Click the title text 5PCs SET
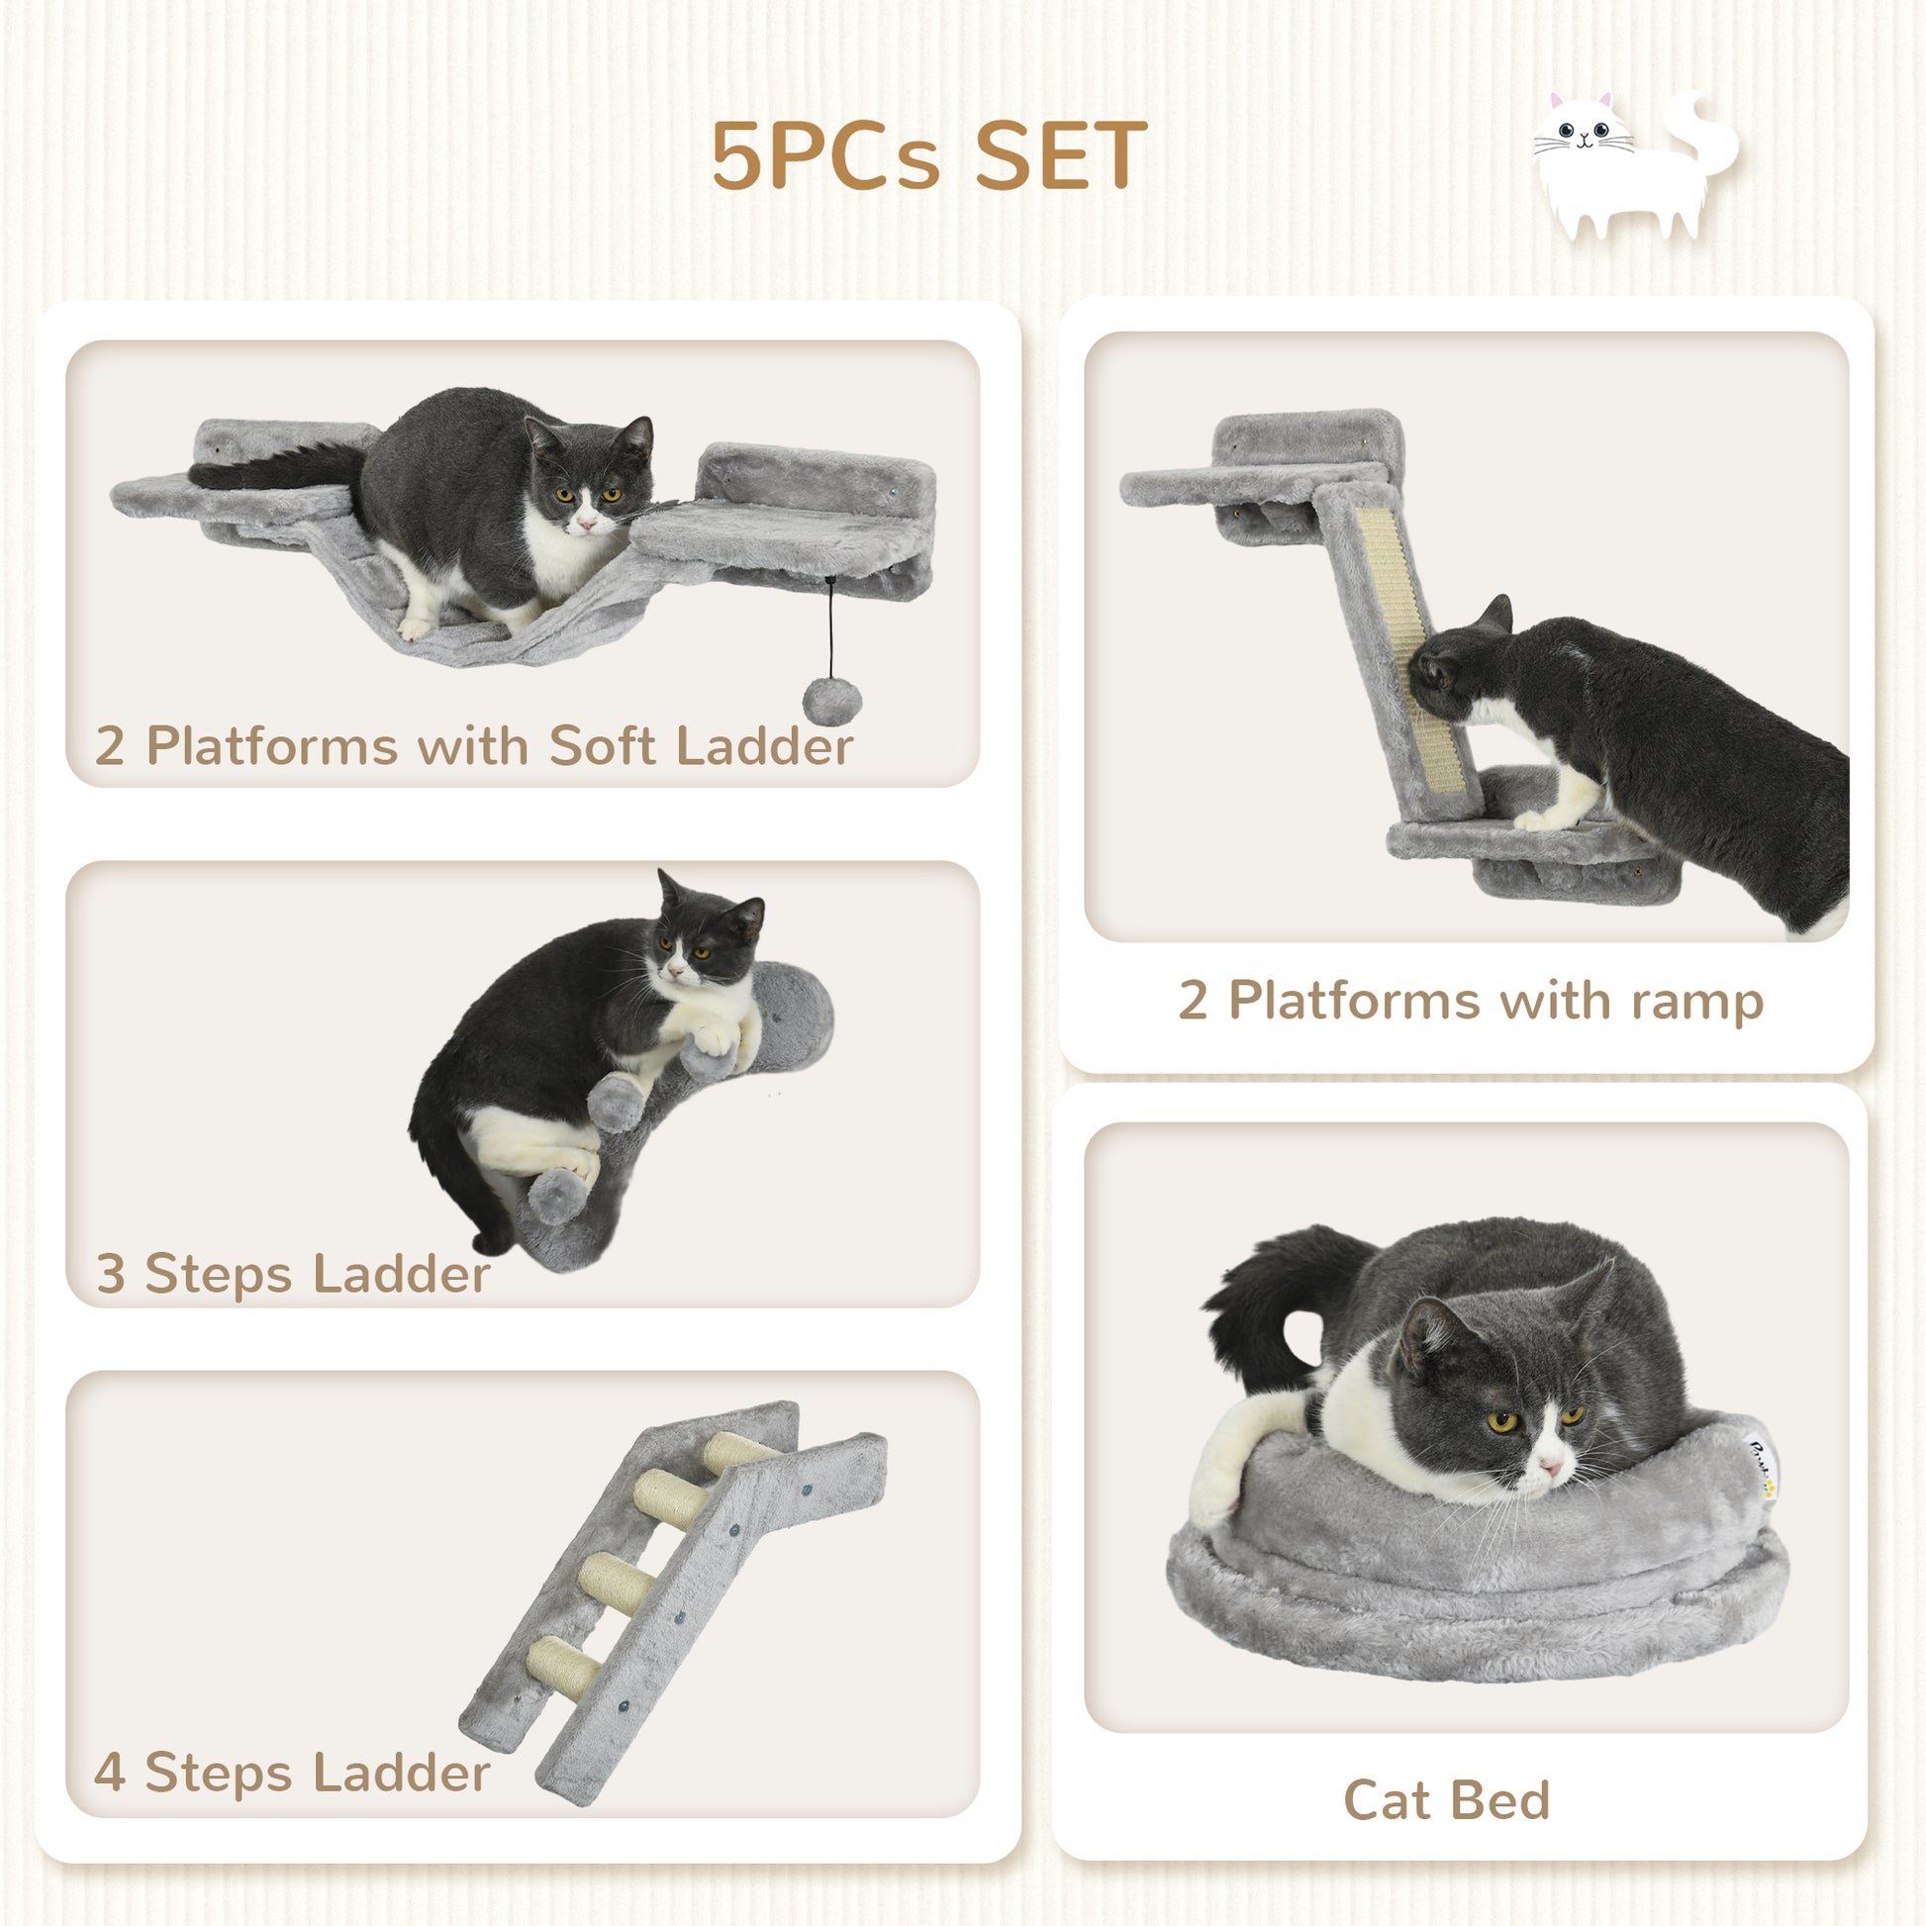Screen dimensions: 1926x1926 coord(928,155)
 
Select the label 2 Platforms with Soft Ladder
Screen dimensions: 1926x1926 coord(473,745)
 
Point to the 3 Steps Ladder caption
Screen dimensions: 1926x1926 coord(292,1273)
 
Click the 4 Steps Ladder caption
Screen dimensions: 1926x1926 coord(291,1773)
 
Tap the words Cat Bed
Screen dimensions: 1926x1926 coord(1447,1800)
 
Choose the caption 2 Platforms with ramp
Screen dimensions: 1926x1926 coord(1471,1000)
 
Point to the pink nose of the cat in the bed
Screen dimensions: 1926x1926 coord(1550,1468)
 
